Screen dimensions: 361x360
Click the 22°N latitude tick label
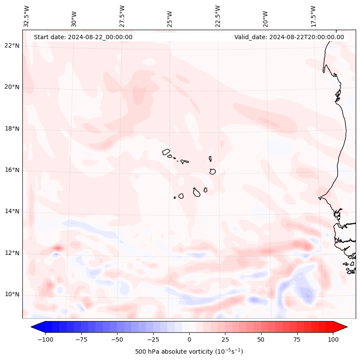click(x=12, y=46)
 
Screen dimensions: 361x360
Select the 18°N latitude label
click(x=12, y=129)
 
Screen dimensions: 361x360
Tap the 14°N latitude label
click(x=12, y=211)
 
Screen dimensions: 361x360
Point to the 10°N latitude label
click(x=12, y=294)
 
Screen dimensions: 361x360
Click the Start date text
click(x=83, y=37)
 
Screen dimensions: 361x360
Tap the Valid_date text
click(x=289, y=37)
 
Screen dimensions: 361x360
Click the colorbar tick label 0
click(x=189, y=339)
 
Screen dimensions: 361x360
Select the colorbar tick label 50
click(x=261, y=339)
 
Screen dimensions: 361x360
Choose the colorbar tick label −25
click(x=153, y=339)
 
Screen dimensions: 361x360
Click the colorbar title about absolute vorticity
click(x=189, y=352)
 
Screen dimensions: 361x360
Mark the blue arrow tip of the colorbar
click(x=35, y=327)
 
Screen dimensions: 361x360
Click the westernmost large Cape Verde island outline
click(x=166, y=151)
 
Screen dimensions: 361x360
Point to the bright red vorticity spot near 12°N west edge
click(x=57, y=248)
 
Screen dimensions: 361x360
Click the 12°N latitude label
click(x=12, y=253)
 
